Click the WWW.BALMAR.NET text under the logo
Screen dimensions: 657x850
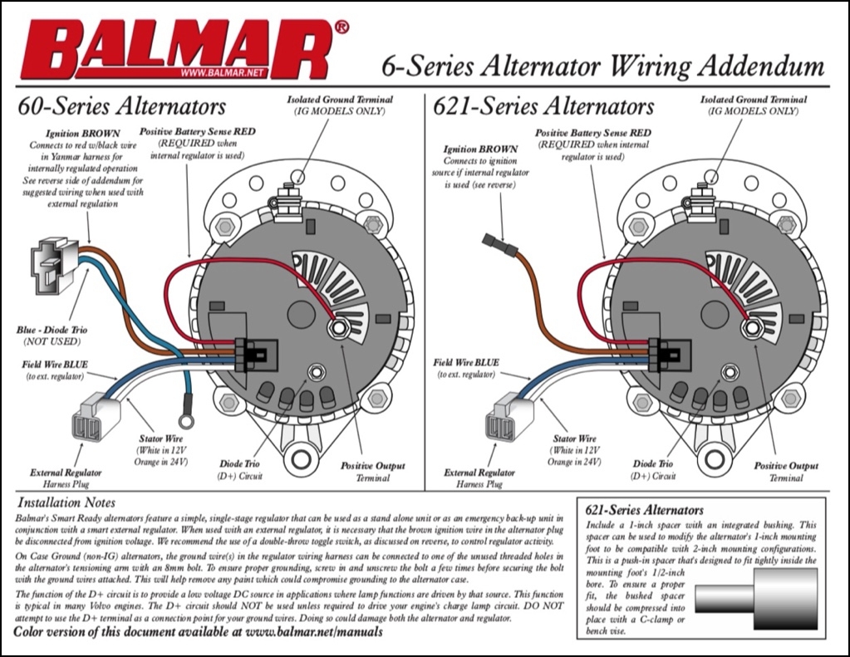[x=221, y=74]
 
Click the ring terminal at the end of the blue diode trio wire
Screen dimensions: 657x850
[x=187, y=421]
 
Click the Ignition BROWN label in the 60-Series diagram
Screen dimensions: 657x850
[x=81, y=133]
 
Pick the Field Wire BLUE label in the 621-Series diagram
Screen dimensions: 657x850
[x=466, y=363]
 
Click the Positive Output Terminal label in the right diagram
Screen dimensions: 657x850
[x=785, y=472]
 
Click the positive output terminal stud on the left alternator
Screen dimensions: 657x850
[x=337, y=328]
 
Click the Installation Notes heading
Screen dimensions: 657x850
[x=67, y=503]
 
